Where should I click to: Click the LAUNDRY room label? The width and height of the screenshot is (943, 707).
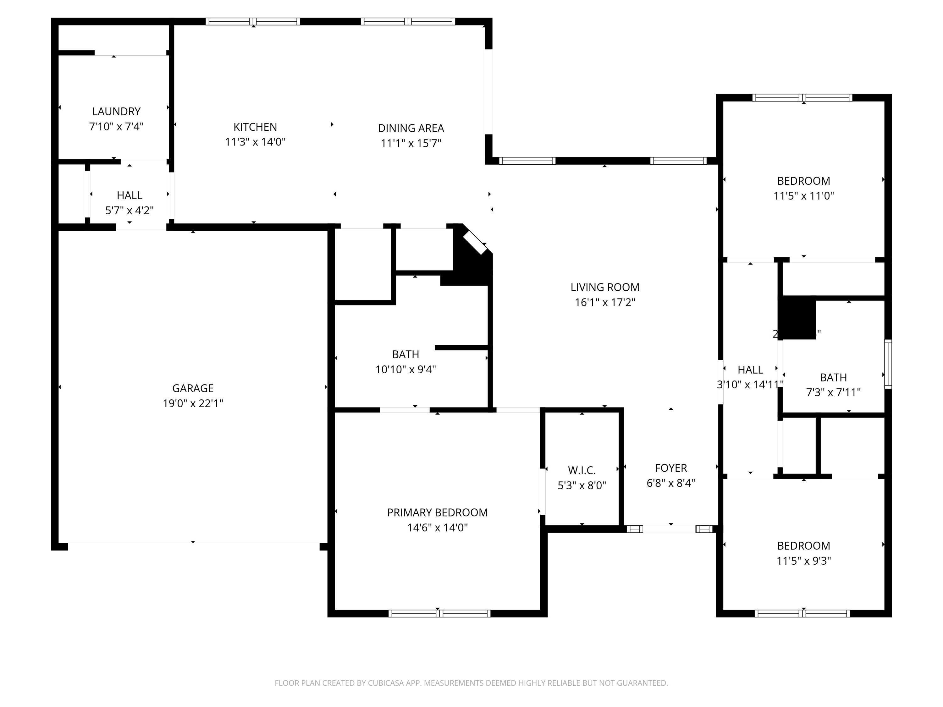click(x=116, y=111)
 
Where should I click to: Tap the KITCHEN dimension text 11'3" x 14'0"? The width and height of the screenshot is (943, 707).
click(x=255, y=142)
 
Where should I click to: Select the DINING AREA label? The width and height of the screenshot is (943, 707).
click(x=411, y=128)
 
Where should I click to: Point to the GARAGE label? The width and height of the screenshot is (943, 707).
click(x=193, y=388)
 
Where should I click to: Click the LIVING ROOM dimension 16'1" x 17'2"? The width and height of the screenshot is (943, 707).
click(x=604, y=303)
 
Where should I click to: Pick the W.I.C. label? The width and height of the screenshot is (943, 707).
click(x=582, y=470)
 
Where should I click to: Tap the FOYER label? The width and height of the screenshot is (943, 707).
click(x=670, y=468)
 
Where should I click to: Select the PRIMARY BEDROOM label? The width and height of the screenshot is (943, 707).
click(x=437, y=513)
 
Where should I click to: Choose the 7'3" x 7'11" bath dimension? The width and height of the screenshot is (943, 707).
click(x=833, y=392)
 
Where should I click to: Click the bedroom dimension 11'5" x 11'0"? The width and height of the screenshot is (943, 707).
click(x=803, y=196)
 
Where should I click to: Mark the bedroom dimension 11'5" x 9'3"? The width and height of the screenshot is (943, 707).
click(x=803, y=561)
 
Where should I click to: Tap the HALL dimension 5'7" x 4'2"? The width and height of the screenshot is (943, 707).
click(x=129, y=211)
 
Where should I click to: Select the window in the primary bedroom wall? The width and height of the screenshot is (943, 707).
click(x=439, y=614)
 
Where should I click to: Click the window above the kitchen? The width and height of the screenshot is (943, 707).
click(x=253, y=21)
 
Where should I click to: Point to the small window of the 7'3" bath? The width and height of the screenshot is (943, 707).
click(x=888, y=364)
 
